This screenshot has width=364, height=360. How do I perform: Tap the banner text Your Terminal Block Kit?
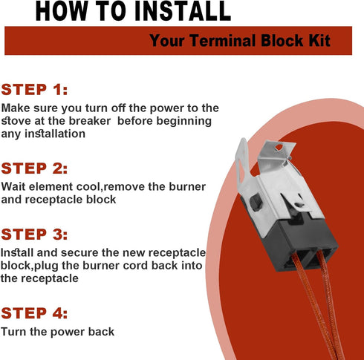240,41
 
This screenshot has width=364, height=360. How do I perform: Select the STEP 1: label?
44,91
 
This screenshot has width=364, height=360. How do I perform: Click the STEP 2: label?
44,168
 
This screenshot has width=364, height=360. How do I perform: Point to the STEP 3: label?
44,235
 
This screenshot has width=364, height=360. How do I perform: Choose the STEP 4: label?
44,312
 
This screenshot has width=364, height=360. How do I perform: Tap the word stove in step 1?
19,121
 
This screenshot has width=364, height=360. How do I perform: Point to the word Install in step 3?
17,253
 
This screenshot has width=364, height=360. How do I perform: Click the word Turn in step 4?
15,332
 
